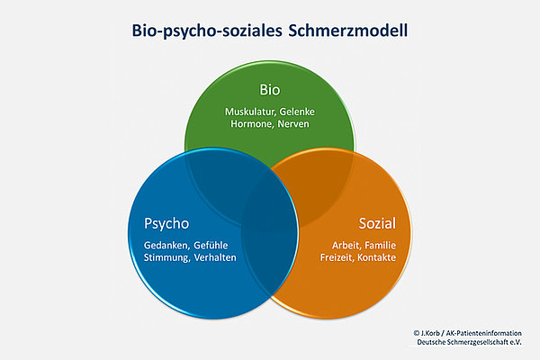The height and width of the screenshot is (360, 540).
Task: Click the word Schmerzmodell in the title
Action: click(x=348, y=31)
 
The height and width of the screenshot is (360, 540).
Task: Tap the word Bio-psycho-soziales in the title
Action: click(x=207, y=31)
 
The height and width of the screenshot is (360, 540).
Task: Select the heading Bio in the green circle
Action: click(x=270, y=90)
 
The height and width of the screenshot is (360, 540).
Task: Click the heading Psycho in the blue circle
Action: click(x=166, y=224)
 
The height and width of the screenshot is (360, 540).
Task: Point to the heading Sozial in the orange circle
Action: click(x=377, y=223)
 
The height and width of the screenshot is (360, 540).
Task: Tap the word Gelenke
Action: click(x=297, y=112)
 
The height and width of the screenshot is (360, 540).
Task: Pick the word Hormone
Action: click(x=251, y=124)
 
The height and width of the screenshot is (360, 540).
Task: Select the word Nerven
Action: click(x=293, y=124)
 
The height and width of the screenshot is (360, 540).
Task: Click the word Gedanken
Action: click(x=166, y=246)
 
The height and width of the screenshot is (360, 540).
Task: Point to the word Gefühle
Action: click(x=211, y=246)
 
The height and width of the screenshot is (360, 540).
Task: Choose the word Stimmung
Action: click(x=166, y=258)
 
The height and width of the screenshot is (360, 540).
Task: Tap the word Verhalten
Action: click(x=215, y=257)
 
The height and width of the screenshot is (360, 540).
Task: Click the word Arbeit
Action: click(x=346, y=246)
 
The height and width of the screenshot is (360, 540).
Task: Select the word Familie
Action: click(x=380, y=246)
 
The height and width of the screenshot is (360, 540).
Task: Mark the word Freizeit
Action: click(x=337, y=258)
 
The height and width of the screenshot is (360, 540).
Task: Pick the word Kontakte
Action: click(x=377, y=257)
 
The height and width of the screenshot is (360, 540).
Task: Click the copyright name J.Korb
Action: click(x=430, y=334)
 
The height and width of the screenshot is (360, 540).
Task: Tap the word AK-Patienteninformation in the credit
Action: click(x=484, y=334)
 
